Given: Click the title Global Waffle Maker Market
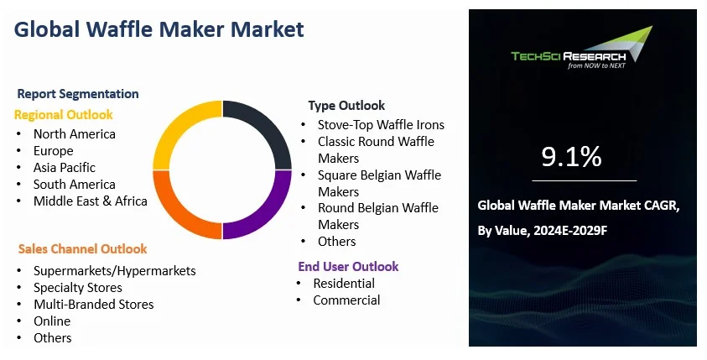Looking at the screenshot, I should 159,29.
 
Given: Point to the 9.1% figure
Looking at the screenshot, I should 571,156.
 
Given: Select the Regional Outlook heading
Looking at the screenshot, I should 63,115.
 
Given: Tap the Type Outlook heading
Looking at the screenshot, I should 346,106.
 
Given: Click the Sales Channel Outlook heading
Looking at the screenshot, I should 82,249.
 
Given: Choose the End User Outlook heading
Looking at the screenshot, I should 348,267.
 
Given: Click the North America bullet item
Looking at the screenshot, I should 75,134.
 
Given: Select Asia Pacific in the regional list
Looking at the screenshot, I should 65,168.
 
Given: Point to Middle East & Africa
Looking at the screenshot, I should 90,201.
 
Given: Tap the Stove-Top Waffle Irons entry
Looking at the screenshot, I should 381,125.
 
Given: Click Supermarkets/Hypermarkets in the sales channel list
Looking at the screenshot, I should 114,271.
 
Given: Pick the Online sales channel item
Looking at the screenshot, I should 52,321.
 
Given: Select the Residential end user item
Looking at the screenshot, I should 344,284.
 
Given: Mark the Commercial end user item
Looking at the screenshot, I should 346,300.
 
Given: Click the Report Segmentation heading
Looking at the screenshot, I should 78,94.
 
